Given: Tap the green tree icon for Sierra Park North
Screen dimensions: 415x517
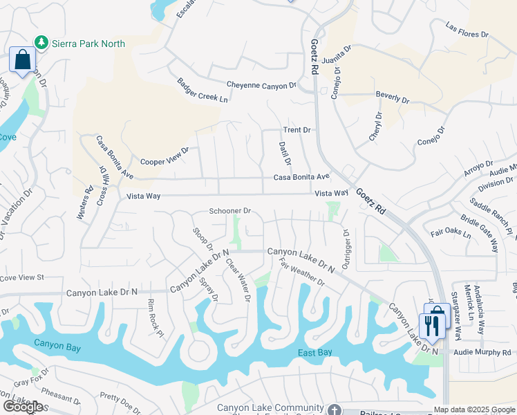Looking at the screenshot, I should [x=42, y=43].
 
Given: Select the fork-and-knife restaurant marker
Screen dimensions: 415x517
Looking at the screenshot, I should [x=433, y=326].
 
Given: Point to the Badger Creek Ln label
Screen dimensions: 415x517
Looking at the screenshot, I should [x=201, y=90].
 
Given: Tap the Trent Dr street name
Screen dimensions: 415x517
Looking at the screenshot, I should [x=297, y=130].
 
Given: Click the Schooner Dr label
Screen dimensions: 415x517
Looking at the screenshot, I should [x=230, y=211].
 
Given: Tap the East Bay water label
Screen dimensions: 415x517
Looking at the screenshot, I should [x=316, y=353].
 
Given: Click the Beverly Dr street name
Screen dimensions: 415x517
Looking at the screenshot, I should [x=393, y=98].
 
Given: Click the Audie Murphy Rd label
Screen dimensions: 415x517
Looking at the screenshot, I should [x=485, y=352].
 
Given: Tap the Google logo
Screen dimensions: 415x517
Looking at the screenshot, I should [x=23, y=407].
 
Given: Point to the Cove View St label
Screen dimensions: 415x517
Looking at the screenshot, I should [x=21, y=277].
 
